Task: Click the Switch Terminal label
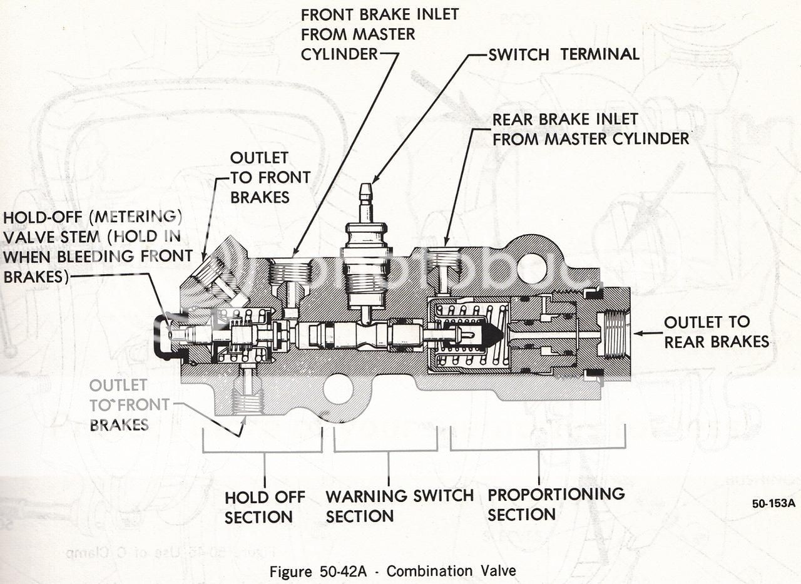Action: coord(563,54)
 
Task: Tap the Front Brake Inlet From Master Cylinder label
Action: coord(379,34)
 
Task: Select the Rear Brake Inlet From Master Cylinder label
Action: coord(590,129)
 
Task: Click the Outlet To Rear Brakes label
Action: coord(715,332)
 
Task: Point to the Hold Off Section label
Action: coord(264,507)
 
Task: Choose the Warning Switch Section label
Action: coord(399,506)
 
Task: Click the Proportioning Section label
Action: coord(556,504)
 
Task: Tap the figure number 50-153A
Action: coord(773,503)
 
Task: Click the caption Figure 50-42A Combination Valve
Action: coord(393,571)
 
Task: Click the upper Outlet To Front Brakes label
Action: coord(270,177)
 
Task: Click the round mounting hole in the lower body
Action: coord(339,388)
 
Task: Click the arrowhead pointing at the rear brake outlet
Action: coord(638,334)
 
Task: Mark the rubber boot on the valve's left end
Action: coord(164,337)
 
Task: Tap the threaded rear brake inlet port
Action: coord(444,262)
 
